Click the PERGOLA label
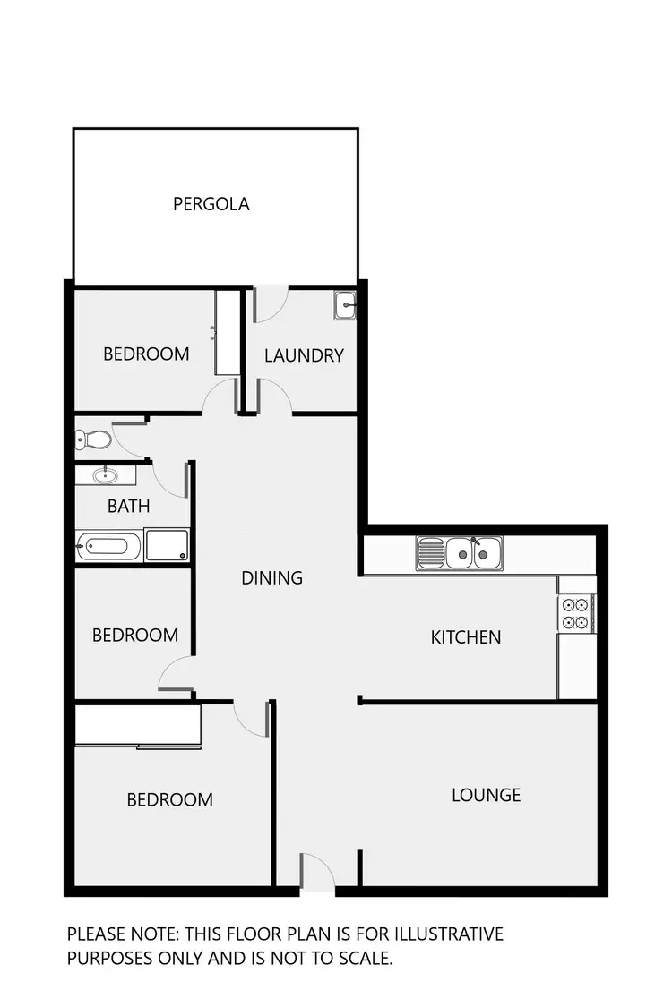pos(211,204)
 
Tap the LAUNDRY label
pos(304,355)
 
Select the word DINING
pos(271,578)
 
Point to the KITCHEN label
pos(466,637)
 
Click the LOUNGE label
pos(486,795)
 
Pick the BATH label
pos(128,507)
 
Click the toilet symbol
pos(93,439)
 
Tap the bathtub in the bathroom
pos(108,546)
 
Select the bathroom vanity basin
pos(105,474)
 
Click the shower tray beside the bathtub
pos(167,545)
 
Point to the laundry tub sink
pos(345,306)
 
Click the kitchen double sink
pos(460,553)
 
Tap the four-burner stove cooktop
pos(576,614)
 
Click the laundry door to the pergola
pos(271,303)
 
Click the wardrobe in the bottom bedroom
pos(137,726)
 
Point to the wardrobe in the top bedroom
pos(228,333)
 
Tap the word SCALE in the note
pos(361,959)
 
